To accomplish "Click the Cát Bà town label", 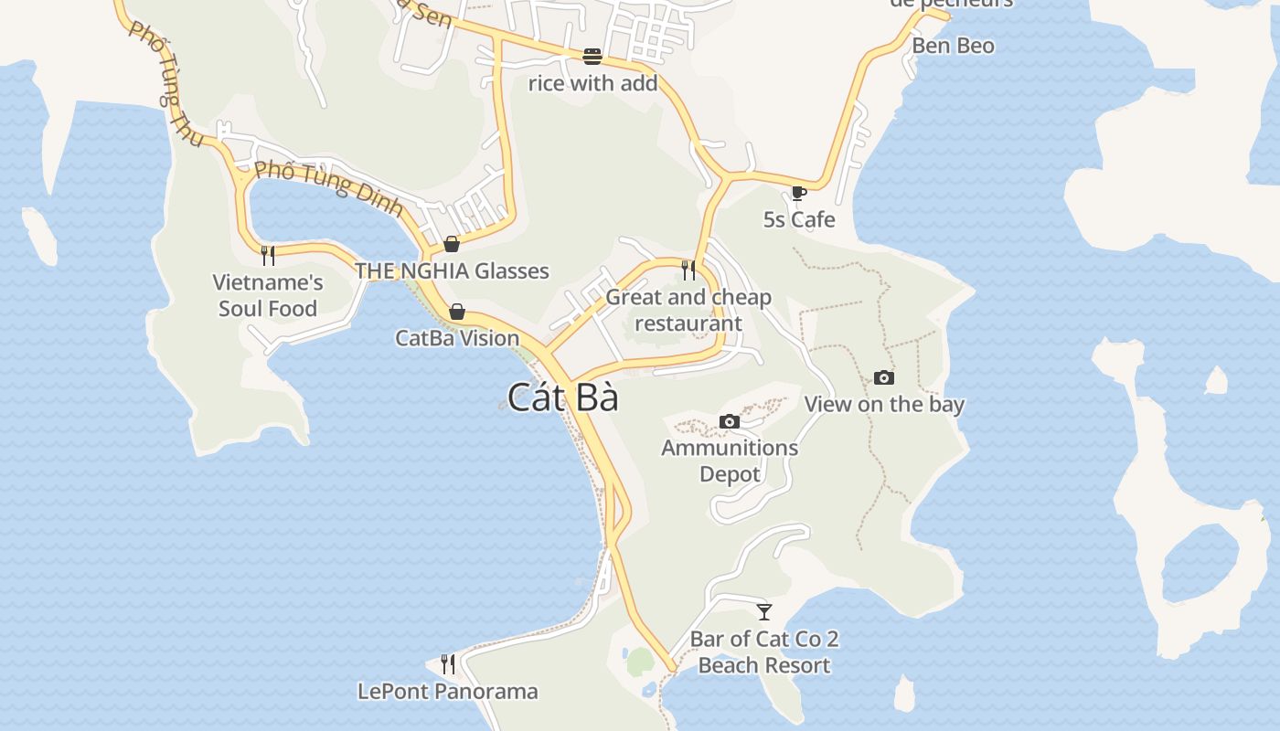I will (562, 397).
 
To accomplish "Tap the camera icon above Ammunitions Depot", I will (730, 421).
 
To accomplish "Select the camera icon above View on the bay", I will (884, 377).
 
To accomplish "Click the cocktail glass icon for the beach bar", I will (764, 611).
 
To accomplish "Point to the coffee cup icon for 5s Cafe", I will (799, 193).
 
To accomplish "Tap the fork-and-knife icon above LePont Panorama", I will (448, 663).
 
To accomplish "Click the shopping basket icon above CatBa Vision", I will (457, 312).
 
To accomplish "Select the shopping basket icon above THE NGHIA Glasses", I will (452, 244).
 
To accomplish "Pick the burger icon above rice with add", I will (592, 57).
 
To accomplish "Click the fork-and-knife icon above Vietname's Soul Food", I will (268, 255).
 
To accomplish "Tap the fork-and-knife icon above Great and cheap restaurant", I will (688, 270).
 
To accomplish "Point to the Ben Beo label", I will (953, 46).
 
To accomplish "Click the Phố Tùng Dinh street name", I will (328, 188).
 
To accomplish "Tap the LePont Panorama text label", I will (448, 691).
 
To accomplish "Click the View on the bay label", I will (884, 404).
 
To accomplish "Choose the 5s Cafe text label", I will (799, 219).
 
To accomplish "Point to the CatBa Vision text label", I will (457, 338).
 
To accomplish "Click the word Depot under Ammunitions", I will (730, 474).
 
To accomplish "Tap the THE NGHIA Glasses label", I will (452, 270).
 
